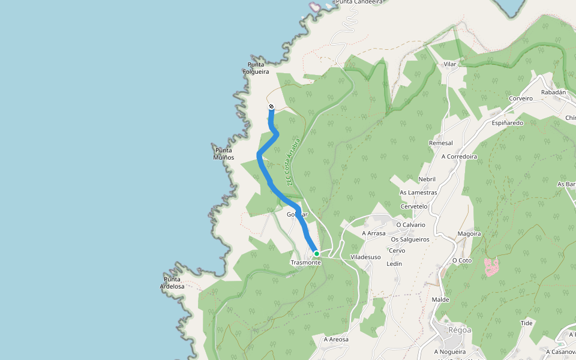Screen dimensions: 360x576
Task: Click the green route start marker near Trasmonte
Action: [316, 254]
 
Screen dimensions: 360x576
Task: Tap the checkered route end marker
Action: [271, 107]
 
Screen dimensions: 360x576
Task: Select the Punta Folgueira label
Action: [256, 68]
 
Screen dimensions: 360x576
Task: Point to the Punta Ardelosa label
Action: [172, 283]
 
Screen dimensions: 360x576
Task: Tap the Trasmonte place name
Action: [306, 263]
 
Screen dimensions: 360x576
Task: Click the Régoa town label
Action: [460, 329]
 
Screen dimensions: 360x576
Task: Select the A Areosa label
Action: [336, 339]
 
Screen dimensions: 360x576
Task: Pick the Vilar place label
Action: [450, 64]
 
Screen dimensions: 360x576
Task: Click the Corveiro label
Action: [520, 98]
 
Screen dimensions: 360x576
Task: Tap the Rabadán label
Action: [553, 92]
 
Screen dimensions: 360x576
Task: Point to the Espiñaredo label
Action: [508, 122]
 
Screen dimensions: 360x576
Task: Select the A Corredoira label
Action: [459, 156]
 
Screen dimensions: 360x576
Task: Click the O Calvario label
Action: [411, 224]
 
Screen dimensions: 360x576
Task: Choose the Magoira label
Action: [469, 233]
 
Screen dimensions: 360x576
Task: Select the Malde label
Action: [440, 299]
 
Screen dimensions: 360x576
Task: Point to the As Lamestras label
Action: [418, 193]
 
